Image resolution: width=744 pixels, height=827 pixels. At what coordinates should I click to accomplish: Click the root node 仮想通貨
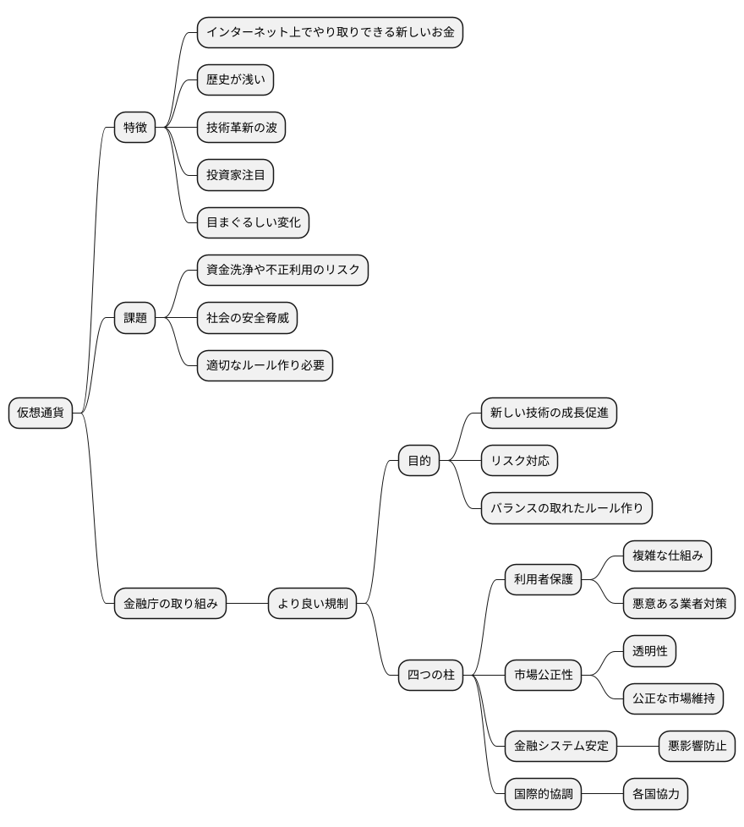point(41,413)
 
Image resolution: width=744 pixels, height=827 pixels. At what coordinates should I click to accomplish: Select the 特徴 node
point(135,128)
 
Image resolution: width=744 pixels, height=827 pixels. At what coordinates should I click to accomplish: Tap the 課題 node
point(135,318)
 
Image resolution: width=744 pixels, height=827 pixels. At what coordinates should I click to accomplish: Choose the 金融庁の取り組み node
point(171,604)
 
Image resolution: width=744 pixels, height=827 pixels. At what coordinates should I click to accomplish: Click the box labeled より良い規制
point(313,604)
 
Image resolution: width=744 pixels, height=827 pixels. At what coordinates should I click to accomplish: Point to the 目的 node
point(419,461)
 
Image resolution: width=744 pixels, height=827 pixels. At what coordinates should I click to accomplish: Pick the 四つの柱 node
point(431,675)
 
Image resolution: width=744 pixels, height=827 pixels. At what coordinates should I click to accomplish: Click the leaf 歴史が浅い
point(236,80)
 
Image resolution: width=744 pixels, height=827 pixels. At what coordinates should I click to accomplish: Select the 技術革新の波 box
point(242,128)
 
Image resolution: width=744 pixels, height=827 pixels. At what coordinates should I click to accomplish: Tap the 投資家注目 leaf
point(236,175)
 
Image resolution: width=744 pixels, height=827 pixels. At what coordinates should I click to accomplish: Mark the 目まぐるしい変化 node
point(254,223)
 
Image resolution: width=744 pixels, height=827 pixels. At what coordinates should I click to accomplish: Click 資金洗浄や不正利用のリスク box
point(283,271)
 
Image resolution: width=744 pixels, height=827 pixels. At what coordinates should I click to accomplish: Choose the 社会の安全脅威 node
point(248,318)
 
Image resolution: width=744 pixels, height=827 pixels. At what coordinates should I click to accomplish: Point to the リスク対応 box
point(520,461)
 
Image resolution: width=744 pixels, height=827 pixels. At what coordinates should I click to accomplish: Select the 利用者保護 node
point(544,580)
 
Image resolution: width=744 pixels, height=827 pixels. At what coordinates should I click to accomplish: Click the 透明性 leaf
point(650,651)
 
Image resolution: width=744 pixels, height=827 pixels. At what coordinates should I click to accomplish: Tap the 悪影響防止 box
point(697,747)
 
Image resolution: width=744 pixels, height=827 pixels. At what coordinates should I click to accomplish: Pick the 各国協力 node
point(656,794)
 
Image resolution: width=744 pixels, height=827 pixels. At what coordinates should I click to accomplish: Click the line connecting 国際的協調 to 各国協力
point(603,794)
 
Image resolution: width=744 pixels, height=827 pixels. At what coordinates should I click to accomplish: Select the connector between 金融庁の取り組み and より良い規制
point(248,604)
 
